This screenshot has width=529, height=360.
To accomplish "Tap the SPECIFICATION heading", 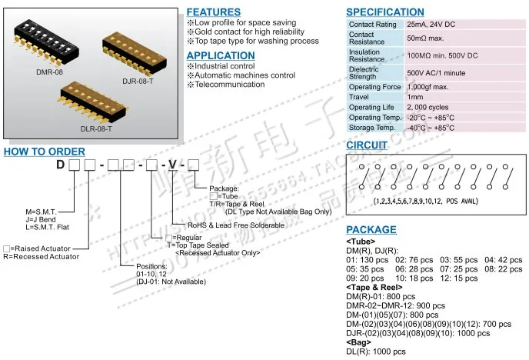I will click(x=384, y=12).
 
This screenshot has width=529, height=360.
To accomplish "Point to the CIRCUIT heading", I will click(x=365, y=145).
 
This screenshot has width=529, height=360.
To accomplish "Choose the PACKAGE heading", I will click(x=371, y=230).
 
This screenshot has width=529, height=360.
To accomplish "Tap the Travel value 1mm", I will click(x=416, y=98).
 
